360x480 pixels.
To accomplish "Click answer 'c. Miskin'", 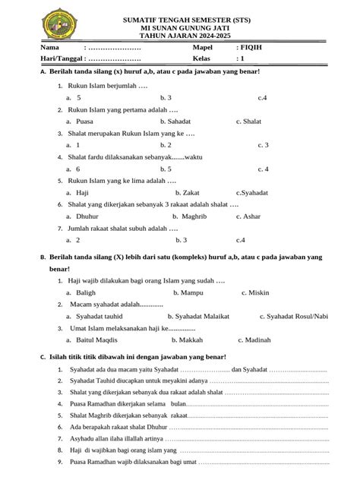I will coord(256,292).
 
